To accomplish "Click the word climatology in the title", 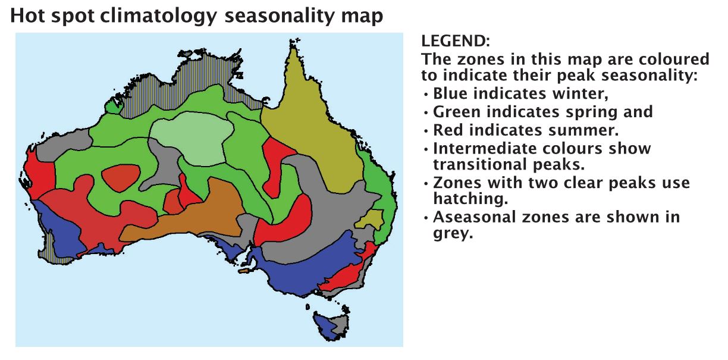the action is pos(158,16).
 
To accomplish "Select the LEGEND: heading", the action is pos(456,41).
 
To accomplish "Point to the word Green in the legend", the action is pos(457,111).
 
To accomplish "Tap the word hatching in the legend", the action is pos(470,199).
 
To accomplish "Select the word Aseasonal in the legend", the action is pos(475,217).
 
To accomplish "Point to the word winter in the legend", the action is pos(580,93).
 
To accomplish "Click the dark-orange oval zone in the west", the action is pos(121,177).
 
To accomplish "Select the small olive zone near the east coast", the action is pos(371,220).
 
